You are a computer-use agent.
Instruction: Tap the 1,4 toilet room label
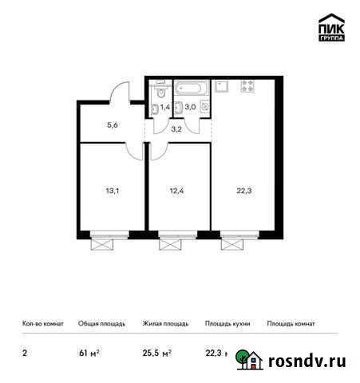(x=165, y=105)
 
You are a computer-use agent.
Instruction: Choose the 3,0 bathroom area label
(x=191, y=105)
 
